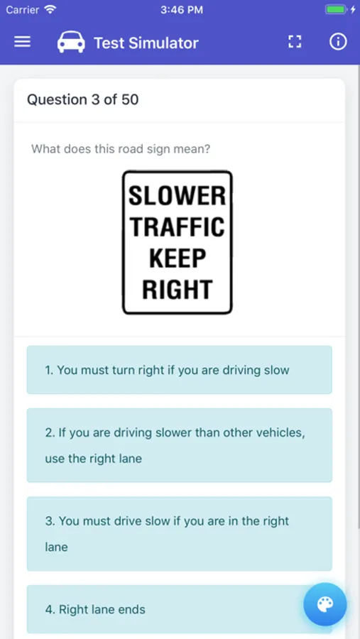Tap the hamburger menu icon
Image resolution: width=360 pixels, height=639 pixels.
(23, 42)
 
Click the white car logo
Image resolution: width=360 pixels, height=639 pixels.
(71, 42)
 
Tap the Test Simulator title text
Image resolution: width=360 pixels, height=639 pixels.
(146, 43)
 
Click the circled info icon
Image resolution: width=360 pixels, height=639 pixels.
(338, 42)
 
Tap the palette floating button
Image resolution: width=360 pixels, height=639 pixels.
(325, 604)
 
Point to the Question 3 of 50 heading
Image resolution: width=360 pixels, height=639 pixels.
(83, 100)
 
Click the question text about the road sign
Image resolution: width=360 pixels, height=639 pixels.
(121, 149)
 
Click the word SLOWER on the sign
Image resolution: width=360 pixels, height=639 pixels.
(177, 196)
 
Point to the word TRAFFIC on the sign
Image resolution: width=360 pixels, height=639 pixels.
(178, 227)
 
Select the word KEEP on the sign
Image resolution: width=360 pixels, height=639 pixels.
(178, 258)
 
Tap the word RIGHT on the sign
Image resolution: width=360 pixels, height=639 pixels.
(178, 290)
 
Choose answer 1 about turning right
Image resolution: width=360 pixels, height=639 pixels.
(180, 370)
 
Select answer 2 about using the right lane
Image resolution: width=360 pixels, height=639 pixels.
(180, 445)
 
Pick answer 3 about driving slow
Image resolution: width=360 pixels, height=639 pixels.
(180, 533)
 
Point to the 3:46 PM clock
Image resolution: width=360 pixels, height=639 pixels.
(182, 10)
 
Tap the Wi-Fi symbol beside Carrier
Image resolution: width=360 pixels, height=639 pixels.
(50, 9)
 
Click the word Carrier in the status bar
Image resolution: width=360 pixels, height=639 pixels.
(23, 10)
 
